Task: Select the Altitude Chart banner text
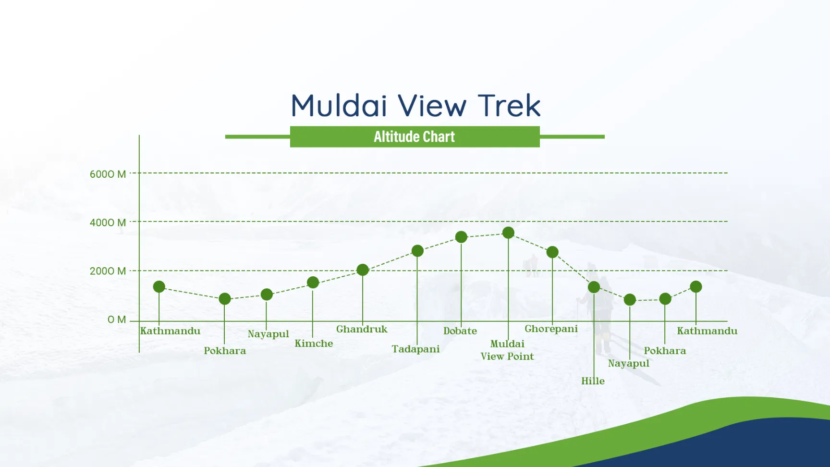click(x=414, y=137)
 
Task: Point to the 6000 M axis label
click(x=108, y=174)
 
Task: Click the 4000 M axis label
click(x=108, y=222)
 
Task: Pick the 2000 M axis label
click(x=108, y=271)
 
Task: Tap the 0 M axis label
click(x=117, y=320)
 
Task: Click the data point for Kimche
click(x=313, y=283)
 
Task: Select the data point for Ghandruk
click(x=363, y=270)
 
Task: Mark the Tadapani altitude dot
click(x=417, y=251)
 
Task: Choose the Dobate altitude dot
click(x=461, y=237)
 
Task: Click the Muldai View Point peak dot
click(x=508, y=233)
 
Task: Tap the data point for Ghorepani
click(x=552, y=252)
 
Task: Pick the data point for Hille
click(x=594, y=287)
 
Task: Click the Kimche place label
click(x=314, y=344)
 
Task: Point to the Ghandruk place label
click(x=362, y=329)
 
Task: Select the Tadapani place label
click(x=415, y=349)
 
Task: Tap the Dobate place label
click(x=460, y=331)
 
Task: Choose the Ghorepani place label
click(x=551, y=329)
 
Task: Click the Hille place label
click(x=593, y=381)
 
